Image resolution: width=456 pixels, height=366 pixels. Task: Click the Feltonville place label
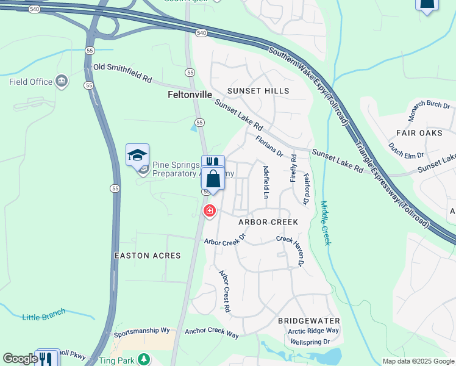click(x=190, y=95)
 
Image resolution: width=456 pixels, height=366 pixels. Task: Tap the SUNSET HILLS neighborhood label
click(x=257, y=91)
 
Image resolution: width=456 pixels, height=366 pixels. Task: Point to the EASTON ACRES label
click(x=148, y=256)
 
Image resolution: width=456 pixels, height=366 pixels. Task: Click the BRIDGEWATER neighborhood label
click(x=308, y=320)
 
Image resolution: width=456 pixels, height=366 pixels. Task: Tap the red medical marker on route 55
click(x=209, y=211)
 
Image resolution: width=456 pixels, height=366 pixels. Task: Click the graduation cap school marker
click(x=137, y=156)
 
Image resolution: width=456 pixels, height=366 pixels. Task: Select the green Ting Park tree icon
click(x=143, y=359)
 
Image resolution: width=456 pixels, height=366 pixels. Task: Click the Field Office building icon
click(x=61, y=82)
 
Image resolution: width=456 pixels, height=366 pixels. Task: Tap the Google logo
click(x=20, y=359)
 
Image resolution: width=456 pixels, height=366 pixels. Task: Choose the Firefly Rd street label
click(x=294, y=168)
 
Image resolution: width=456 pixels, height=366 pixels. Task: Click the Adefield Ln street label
click(x=265, y=182)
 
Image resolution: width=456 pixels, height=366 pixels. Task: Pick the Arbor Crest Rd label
click(x=224, y=292)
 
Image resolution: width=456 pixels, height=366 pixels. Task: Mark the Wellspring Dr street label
click(x=309, y=342)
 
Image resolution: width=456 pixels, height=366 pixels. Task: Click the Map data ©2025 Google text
click(x=418, y=361)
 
